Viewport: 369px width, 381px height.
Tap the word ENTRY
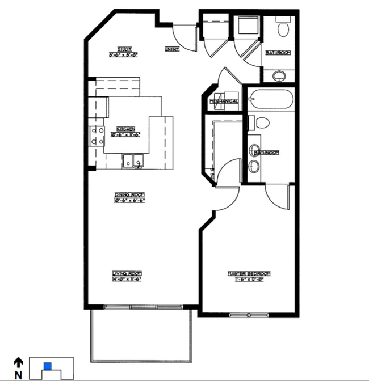(x=172, y=49)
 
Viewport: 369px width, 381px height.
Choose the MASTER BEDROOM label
(x=249, y=273)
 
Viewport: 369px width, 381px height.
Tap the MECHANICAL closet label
(x=224, y=101)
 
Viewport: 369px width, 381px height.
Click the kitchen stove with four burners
(x=97, y=136)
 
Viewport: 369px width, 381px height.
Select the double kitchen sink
(x=133, y=161)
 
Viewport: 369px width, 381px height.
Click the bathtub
(x=271, y=101)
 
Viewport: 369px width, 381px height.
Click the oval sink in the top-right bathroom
(x=279, y=75)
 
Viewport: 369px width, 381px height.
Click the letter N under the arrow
(x=18, y=374)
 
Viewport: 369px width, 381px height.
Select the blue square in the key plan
(x=48, y=366)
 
